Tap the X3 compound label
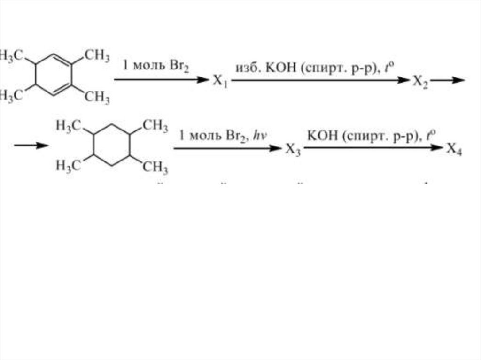(x=292, y=150)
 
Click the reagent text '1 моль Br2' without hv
(x=156, y=65)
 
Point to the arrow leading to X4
(x=373, y=148)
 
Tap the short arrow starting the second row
(x=31, y=145)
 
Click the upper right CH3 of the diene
(x=97, y=55)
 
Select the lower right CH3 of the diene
(x=97, y=97)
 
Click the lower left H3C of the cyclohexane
(x=69, y=165)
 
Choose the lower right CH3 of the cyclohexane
(x=155, y=166)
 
